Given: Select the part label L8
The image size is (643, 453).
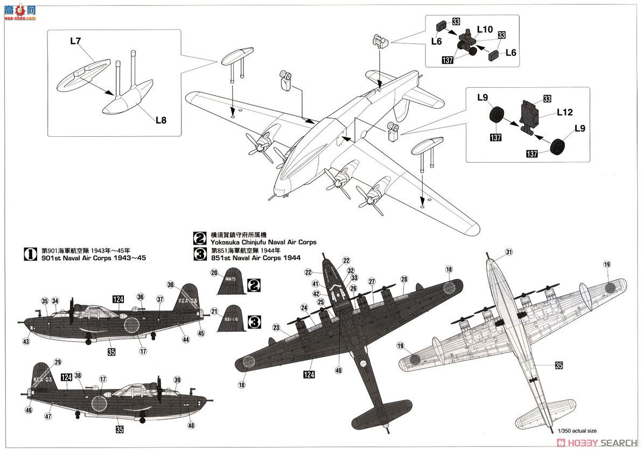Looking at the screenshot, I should click(x=161, y=120).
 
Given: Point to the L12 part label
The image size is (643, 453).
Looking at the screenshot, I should click(x=565, y=113).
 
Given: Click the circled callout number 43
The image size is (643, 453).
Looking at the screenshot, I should click(x=26, y=342).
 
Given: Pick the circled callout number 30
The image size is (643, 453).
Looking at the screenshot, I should click(x=171, y=284).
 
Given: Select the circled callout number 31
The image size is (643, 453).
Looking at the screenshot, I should click(x=509, y=252).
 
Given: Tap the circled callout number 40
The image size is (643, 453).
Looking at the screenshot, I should click(x=338, y=370).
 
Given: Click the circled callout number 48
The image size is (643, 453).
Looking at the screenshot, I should click(x=191, y=425).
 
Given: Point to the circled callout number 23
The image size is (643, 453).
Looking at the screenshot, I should click(x=277, y=327).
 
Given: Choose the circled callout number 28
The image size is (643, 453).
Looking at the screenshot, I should click(x=404, y=279).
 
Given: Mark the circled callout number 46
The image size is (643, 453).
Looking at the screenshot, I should click(x=29, y=410).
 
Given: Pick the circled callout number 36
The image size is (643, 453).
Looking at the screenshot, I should click(x=141, y=296).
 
